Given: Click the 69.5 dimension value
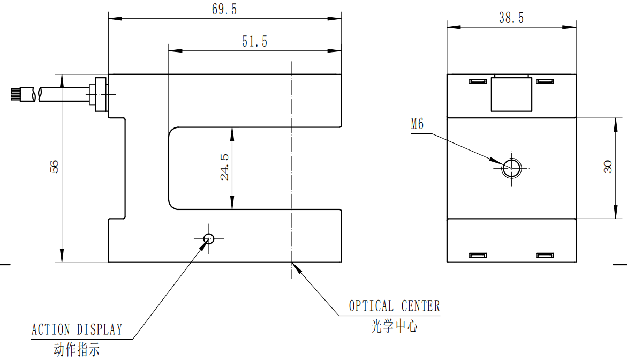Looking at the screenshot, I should coord(224,10).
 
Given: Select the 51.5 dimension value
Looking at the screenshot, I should coord(254,42).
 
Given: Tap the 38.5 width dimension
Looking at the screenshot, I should coord(511,18).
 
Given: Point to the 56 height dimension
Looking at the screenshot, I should coord(54,167).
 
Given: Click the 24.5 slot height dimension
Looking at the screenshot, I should coord(224,167).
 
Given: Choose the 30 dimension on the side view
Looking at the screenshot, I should coord(608,167).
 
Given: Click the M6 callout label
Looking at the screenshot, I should coord(417,125).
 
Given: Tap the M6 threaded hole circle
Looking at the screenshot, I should coord(511,168).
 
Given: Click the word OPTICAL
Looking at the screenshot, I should coord(371,306).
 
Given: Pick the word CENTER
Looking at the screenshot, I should coord(420,306).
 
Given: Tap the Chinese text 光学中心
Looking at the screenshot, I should coord(394,326).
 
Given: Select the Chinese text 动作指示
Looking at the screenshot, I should coord(77,350).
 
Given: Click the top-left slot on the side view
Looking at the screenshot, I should coord(477,81).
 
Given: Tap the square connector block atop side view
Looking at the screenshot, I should coord(512,94).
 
